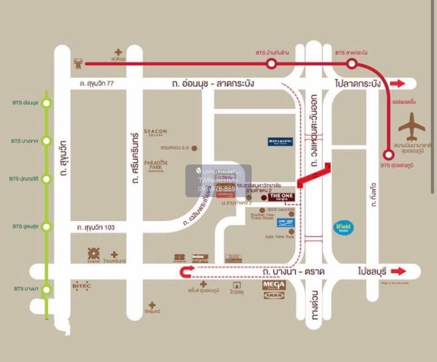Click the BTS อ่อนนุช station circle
(46, 103)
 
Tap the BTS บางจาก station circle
(46, 141)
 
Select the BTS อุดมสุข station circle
(46, 227)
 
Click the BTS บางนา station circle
(46, 290)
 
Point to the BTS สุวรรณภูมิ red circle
(389, 155)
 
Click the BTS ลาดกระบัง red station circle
(351, 64)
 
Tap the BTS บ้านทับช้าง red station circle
(271, 64)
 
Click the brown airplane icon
(412, 127)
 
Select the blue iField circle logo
(343, 228)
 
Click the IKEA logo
(274, 295)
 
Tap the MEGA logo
(274, 285)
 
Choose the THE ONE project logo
(282, 197)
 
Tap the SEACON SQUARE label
(155, 132)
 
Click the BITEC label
(81, 286)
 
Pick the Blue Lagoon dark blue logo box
(280, 142)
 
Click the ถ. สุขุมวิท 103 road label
(96, 228)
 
